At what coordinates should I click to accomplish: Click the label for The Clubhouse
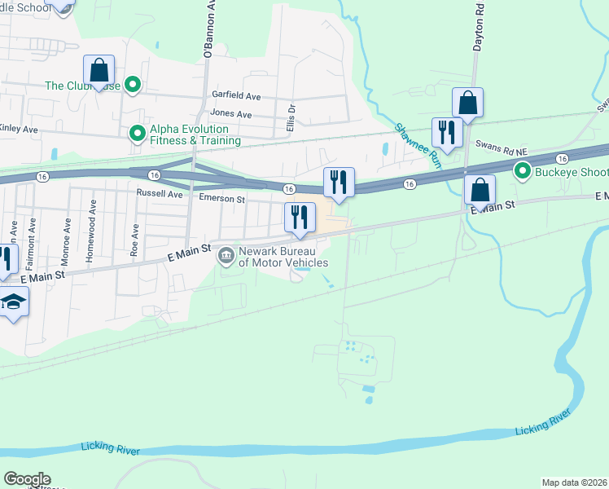tap(83, 86)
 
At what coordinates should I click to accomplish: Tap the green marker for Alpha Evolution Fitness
tap(137, 130)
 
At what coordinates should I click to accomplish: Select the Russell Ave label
tap(160, 195)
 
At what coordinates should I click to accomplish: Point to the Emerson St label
tap(221, 199)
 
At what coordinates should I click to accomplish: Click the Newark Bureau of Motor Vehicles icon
tap(226, 256)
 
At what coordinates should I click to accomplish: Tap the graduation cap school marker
tap(11, 303)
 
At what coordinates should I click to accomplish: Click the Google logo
tap(27, 479)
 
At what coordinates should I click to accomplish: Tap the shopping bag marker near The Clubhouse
tap(99, 70)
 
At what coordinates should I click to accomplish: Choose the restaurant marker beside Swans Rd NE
tap(447, 130)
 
